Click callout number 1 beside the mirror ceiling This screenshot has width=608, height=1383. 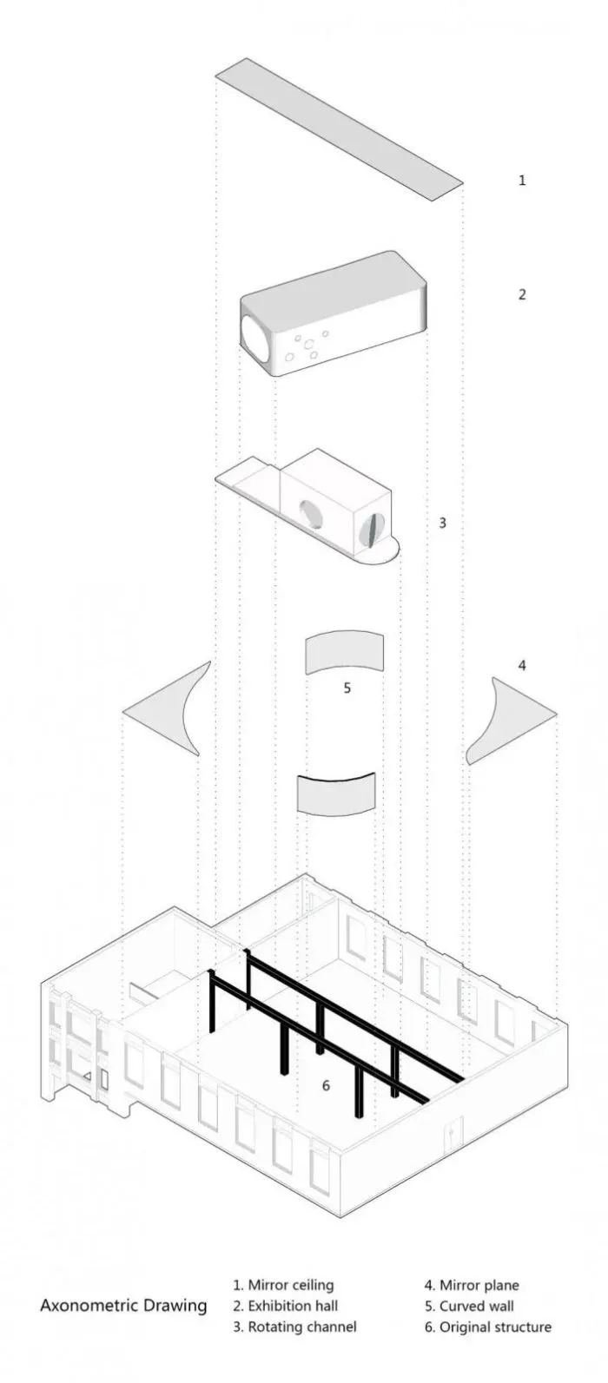(522, 181)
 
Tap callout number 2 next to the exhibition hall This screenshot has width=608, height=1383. (521, 294)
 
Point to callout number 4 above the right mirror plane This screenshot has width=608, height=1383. (522, 665)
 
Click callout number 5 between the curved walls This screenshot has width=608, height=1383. (347, 688)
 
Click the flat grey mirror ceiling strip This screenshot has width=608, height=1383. (339, 128)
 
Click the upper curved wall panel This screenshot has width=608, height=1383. (345, 653)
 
